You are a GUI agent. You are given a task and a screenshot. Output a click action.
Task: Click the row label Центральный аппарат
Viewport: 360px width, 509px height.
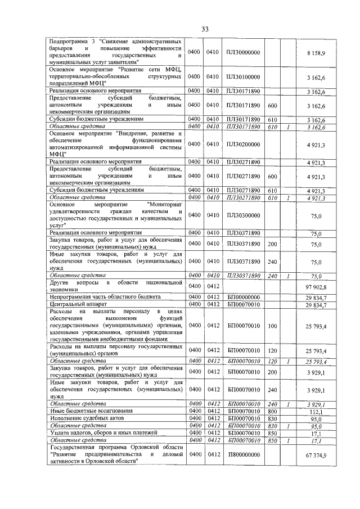click(x=74, y=304)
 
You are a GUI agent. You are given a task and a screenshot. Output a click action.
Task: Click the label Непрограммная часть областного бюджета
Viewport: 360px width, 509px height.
click(x=105, y=296)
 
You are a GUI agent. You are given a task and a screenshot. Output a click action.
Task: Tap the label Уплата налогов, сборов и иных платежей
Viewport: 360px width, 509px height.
click(x=102, y=433)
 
